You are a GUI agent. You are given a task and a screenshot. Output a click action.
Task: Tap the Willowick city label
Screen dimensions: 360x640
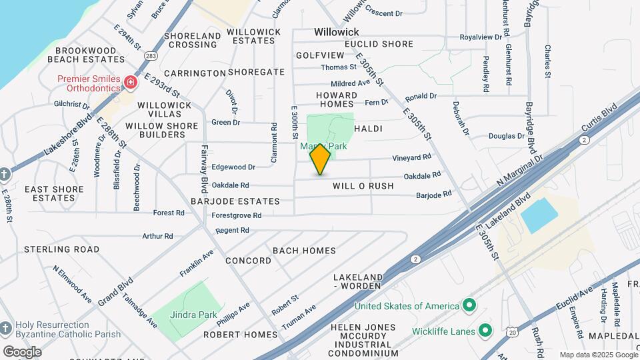click(337, 32)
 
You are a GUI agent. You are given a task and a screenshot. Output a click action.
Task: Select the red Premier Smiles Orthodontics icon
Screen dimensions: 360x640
click(131, 83)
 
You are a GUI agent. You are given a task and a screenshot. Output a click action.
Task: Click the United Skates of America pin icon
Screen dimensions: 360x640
click(469, 306)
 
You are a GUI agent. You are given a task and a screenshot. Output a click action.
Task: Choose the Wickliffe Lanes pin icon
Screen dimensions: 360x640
click(485, 331)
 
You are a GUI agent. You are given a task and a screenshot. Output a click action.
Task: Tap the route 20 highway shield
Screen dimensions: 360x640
click(511, 331)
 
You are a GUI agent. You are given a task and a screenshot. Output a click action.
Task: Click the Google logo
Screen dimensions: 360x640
click(21, 351)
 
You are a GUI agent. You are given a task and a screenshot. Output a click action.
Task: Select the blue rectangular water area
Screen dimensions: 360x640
click(539, 215)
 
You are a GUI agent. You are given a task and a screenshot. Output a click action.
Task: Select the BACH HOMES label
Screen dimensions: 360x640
click(304, 250)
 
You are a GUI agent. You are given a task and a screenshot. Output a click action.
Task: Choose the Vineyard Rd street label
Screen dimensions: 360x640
click(412, 157)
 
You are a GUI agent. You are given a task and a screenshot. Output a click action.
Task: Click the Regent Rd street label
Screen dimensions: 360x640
click(232, 230)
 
